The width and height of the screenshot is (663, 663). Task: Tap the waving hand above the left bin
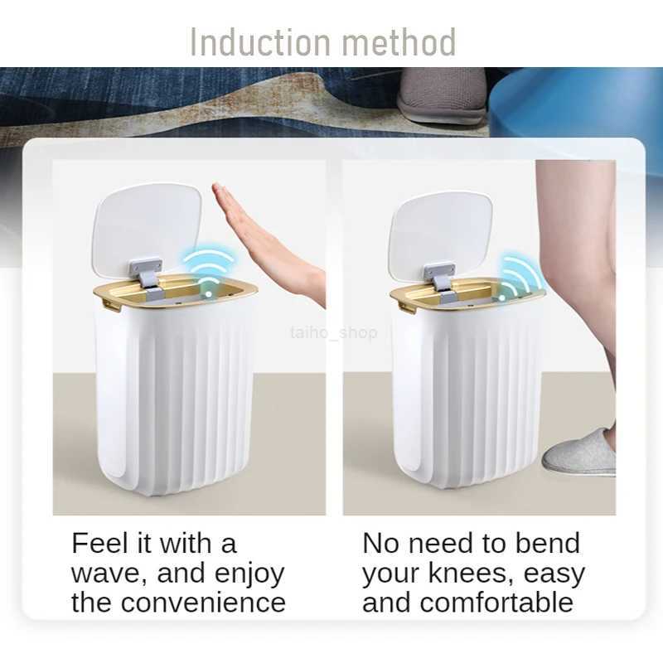(x=264, y=236)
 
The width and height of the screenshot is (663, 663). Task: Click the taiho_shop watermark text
(x=334, y=332)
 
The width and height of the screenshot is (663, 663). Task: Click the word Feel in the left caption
(x=100, y=544)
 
